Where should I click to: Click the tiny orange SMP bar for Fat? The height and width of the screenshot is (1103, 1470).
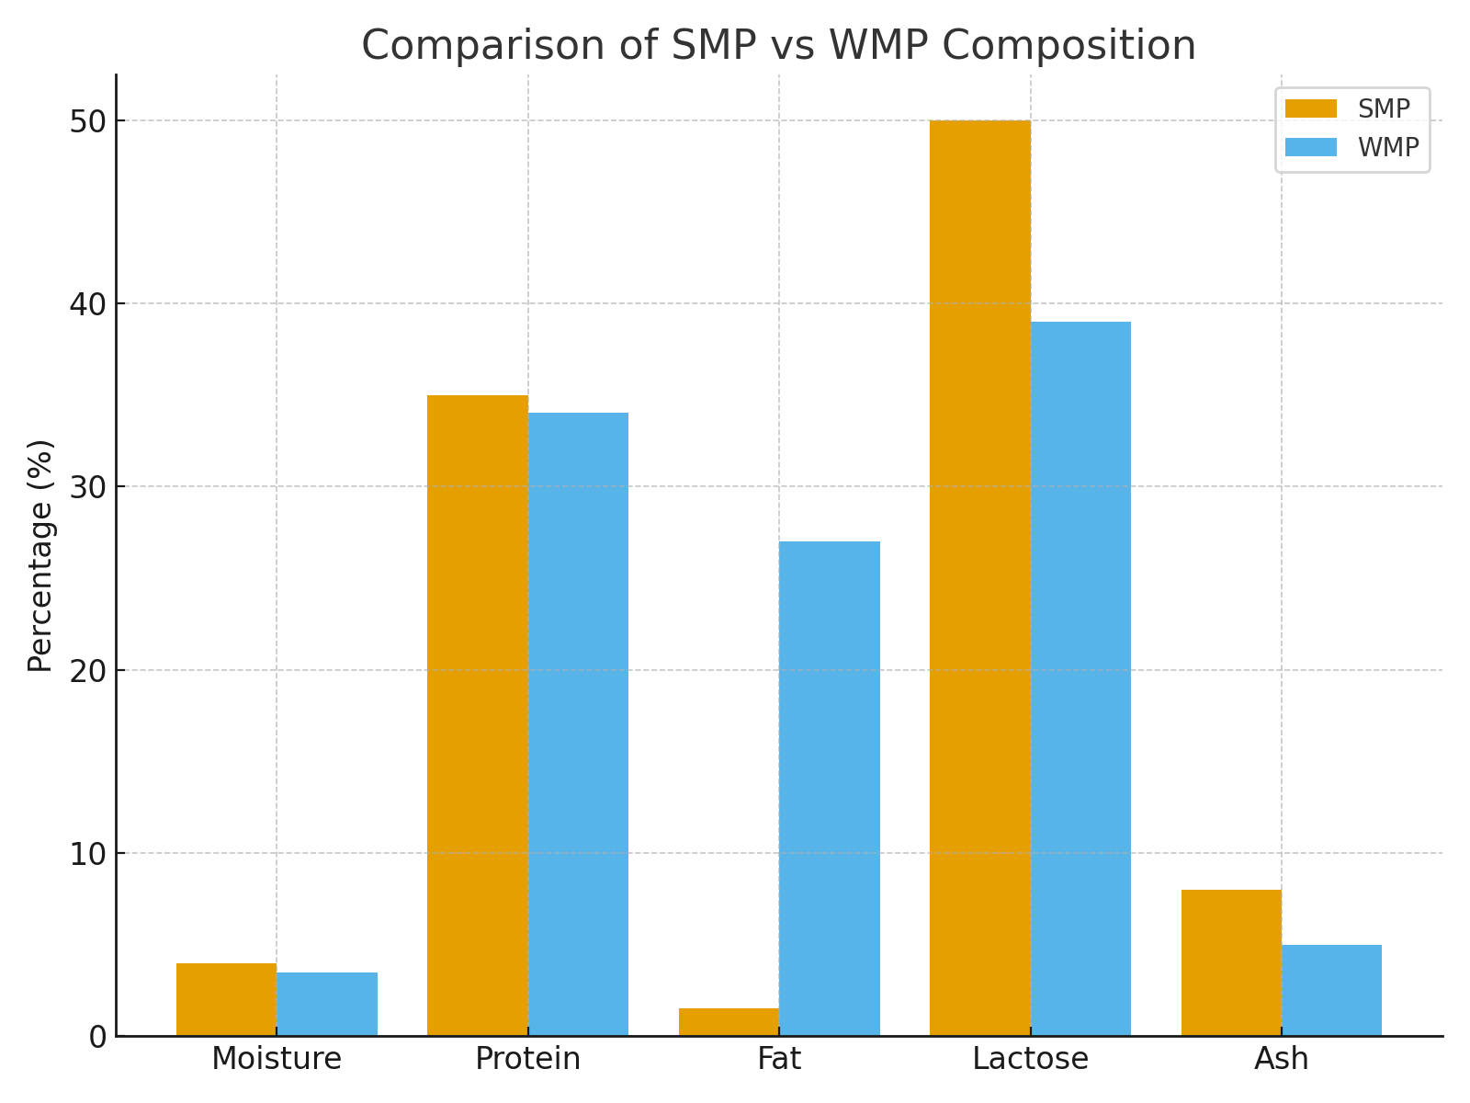(x=729, y=1023)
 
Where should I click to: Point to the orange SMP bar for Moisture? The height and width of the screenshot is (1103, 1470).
(x=226, y=1000)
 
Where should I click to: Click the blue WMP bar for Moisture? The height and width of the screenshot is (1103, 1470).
(x=327, y=1004)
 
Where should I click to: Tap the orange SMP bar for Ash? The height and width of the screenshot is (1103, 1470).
(x=1231, y=963)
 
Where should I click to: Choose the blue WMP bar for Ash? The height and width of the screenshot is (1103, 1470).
(x=1331, y=991)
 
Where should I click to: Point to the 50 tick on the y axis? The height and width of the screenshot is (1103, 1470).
(x=88, y=121)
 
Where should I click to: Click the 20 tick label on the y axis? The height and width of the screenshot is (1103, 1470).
(x=88, y=670)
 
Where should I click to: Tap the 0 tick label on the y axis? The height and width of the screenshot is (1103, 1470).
(x=98, y=1037)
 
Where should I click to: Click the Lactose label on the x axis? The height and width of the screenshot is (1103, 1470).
(x=1030, y=1059)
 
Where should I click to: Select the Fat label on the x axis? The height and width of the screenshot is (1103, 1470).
(x=779, y=1059)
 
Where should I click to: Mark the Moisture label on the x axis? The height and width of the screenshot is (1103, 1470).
(x=277, y=1059)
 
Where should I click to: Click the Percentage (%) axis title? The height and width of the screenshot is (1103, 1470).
(x=40, y=555)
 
